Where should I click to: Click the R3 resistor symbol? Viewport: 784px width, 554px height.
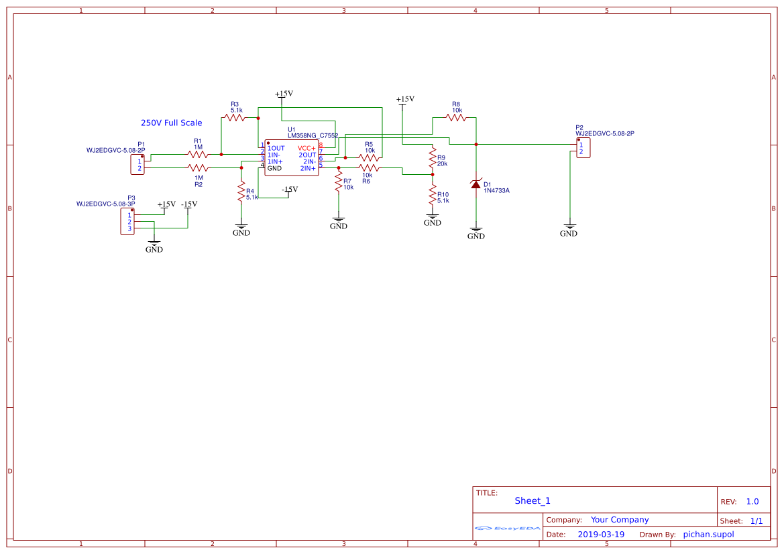pos(235,117)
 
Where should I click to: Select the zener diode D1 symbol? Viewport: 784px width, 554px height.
pos(475,184)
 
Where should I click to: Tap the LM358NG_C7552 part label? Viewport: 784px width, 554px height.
pos(313,135)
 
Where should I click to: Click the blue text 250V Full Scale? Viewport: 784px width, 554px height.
pos(171,123)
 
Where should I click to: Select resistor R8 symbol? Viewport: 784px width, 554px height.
pos(455,117)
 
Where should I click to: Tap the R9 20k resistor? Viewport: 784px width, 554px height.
pos(433,159)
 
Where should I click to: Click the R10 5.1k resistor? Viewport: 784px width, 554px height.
pos(433,196)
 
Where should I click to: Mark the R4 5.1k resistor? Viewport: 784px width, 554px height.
pos(241,193)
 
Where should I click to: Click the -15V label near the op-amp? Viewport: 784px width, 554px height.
pos(290,190)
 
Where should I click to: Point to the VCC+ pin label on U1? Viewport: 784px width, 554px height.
pos(306,148)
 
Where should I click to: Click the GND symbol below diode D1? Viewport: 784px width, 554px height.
pos(475,233)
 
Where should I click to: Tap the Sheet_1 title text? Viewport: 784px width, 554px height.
pos(533,500)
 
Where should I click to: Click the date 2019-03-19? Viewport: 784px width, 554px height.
pos(601,535)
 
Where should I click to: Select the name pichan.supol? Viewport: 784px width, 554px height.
pos(708,535)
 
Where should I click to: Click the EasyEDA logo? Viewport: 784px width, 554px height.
pos(508,528)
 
